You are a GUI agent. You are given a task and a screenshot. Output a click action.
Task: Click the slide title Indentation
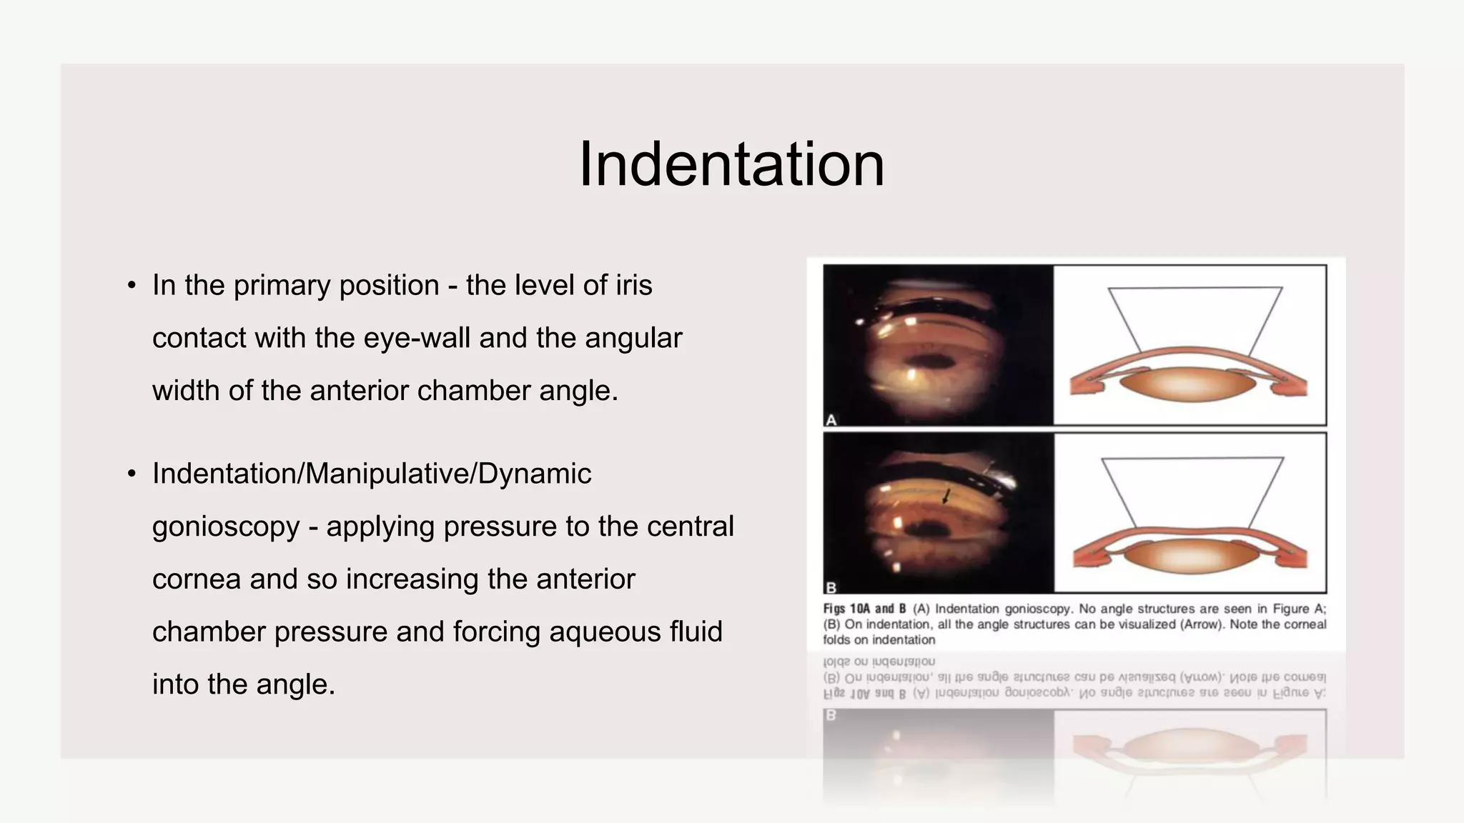tap(731, 164)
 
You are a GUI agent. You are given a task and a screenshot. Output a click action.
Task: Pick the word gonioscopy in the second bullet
tap(226, 527)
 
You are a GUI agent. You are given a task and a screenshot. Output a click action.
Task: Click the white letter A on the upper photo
tap(831, 420)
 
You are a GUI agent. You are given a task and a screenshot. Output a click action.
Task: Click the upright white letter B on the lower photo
tap(831, 588)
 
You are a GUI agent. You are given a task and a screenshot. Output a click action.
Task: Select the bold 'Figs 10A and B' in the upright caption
tap(864, 609)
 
